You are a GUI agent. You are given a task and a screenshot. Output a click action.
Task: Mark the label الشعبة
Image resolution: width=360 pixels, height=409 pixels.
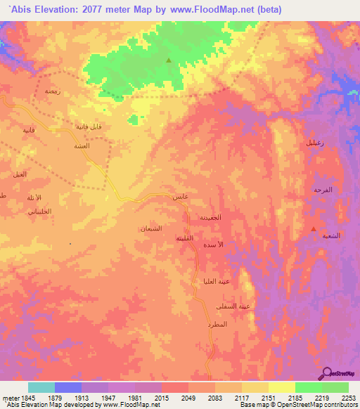(x=331, y=235)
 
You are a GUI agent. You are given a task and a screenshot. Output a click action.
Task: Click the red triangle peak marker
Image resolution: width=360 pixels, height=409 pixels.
(x=314, y=229)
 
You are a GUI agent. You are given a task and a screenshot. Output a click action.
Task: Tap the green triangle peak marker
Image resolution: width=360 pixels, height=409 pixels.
(x=168, y=60)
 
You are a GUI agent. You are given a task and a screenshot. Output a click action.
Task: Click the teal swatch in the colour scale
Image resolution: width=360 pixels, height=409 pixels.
(x=41, y=387)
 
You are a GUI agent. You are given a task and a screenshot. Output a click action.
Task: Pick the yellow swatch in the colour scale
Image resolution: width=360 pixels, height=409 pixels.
(x=281, y=387)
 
